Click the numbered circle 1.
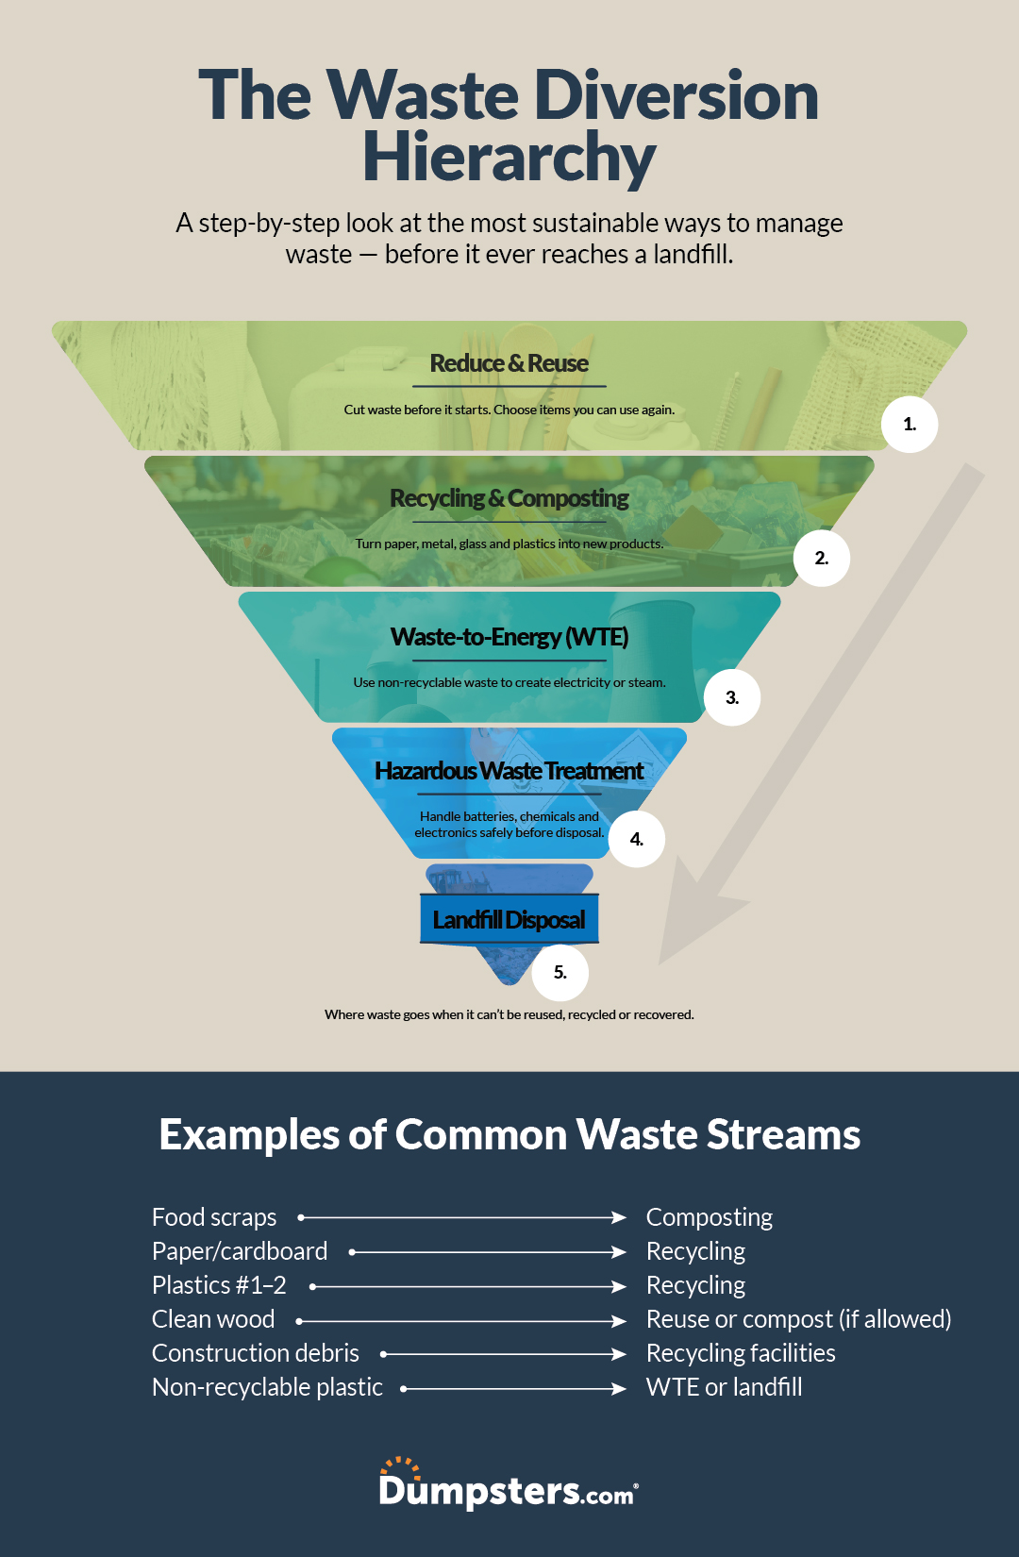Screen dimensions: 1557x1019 (x=910, y=425)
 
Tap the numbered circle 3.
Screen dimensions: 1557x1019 (x=732, y=697)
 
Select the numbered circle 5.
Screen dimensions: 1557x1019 (x=560, y=973)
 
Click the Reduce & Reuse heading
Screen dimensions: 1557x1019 (x=509, y=363)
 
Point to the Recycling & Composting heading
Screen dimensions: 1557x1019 (x=509, y=498)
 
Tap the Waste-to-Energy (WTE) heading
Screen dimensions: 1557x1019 (x=509, y=637)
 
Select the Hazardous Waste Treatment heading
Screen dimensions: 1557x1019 (x=509, y=771)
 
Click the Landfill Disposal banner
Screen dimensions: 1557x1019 (x=509, y=919)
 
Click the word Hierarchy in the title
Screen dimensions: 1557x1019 (x=509, y=157)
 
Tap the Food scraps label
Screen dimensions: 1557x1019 (x=214, y=1217)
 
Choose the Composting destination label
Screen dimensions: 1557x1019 (x=710, y=1217)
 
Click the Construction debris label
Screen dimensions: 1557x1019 (x=256, y=1353)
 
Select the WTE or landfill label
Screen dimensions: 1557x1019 (x=725, y=1387)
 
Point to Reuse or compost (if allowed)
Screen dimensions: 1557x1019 (x=798, y=1319)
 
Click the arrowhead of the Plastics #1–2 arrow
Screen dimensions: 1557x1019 (x=619, y=1286)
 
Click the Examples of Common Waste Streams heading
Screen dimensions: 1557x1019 (x=509, y=1134)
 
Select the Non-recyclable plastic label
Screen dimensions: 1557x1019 (x=267, y=1387)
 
